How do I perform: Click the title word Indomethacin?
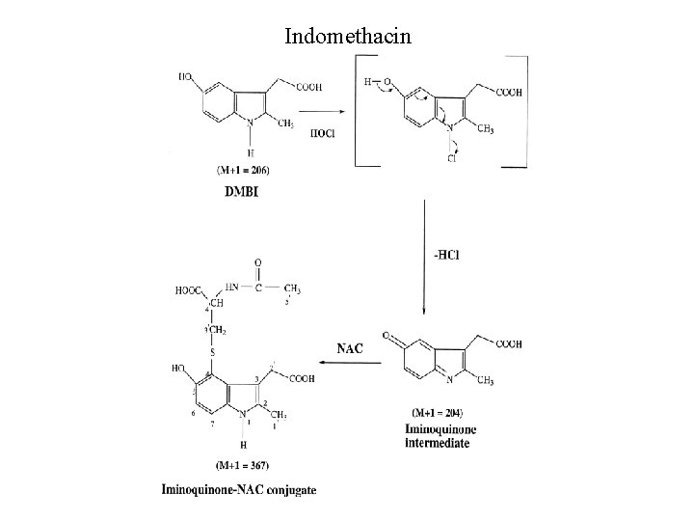[x=347, y=37]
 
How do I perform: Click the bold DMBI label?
[x=241, y=191]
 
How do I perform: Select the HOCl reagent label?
[x=323, y=134]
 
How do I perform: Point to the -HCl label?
[x=446, y=255]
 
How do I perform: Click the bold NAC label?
[x=349, y=347]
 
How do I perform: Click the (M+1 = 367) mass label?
[x=228, y=466]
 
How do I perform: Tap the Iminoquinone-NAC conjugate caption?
[x=238, y=490]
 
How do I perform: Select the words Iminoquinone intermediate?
[x=442, y=435]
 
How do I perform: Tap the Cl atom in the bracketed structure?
[x=450, y=160]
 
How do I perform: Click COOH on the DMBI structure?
[x=309, y=88]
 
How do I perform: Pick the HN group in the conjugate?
[x=231, y=287]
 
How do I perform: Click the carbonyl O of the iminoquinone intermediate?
[x=387, y=337]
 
